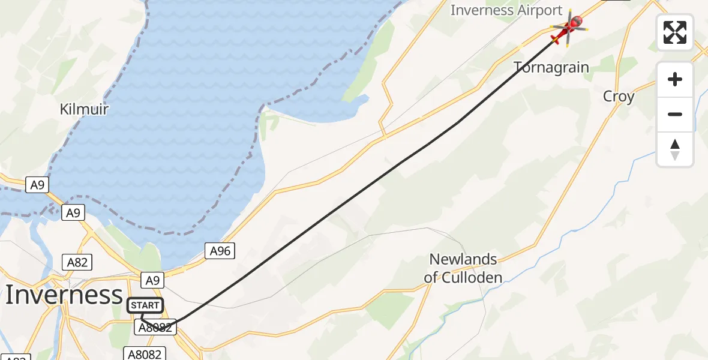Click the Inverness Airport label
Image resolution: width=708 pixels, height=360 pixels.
(x=506, y=10)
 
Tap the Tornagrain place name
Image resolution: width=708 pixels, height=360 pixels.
(x=551, y=67)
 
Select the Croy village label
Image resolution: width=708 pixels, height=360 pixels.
(x=619, y=97)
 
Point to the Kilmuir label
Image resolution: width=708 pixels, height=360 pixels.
(x=84, y=109)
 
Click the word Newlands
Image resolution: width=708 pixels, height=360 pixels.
(x=463, y=260)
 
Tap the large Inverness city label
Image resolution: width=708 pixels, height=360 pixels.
(x=64, y=295)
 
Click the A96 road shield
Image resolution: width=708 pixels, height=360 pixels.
(x=220, y=251)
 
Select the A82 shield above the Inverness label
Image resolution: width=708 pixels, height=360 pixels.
(x=77, y=262)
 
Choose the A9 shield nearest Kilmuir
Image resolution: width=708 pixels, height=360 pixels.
(x=37, y=185)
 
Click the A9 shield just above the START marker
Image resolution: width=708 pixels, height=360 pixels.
(x=152, y=279)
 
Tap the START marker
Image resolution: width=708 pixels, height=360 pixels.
(x=145, y=306)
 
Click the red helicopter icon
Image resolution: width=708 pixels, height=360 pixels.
(x=568, y=28)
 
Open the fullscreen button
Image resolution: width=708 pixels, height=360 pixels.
(x=675, y=32)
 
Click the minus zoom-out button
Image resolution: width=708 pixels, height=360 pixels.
(x=675, y=114)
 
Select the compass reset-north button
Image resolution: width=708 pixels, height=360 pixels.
(x=675, y=149)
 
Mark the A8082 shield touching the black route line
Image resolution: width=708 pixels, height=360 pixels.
(x=156, y=327)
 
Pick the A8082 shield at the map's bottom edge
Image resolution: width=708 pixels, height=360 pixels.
(x=144, y=354)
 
